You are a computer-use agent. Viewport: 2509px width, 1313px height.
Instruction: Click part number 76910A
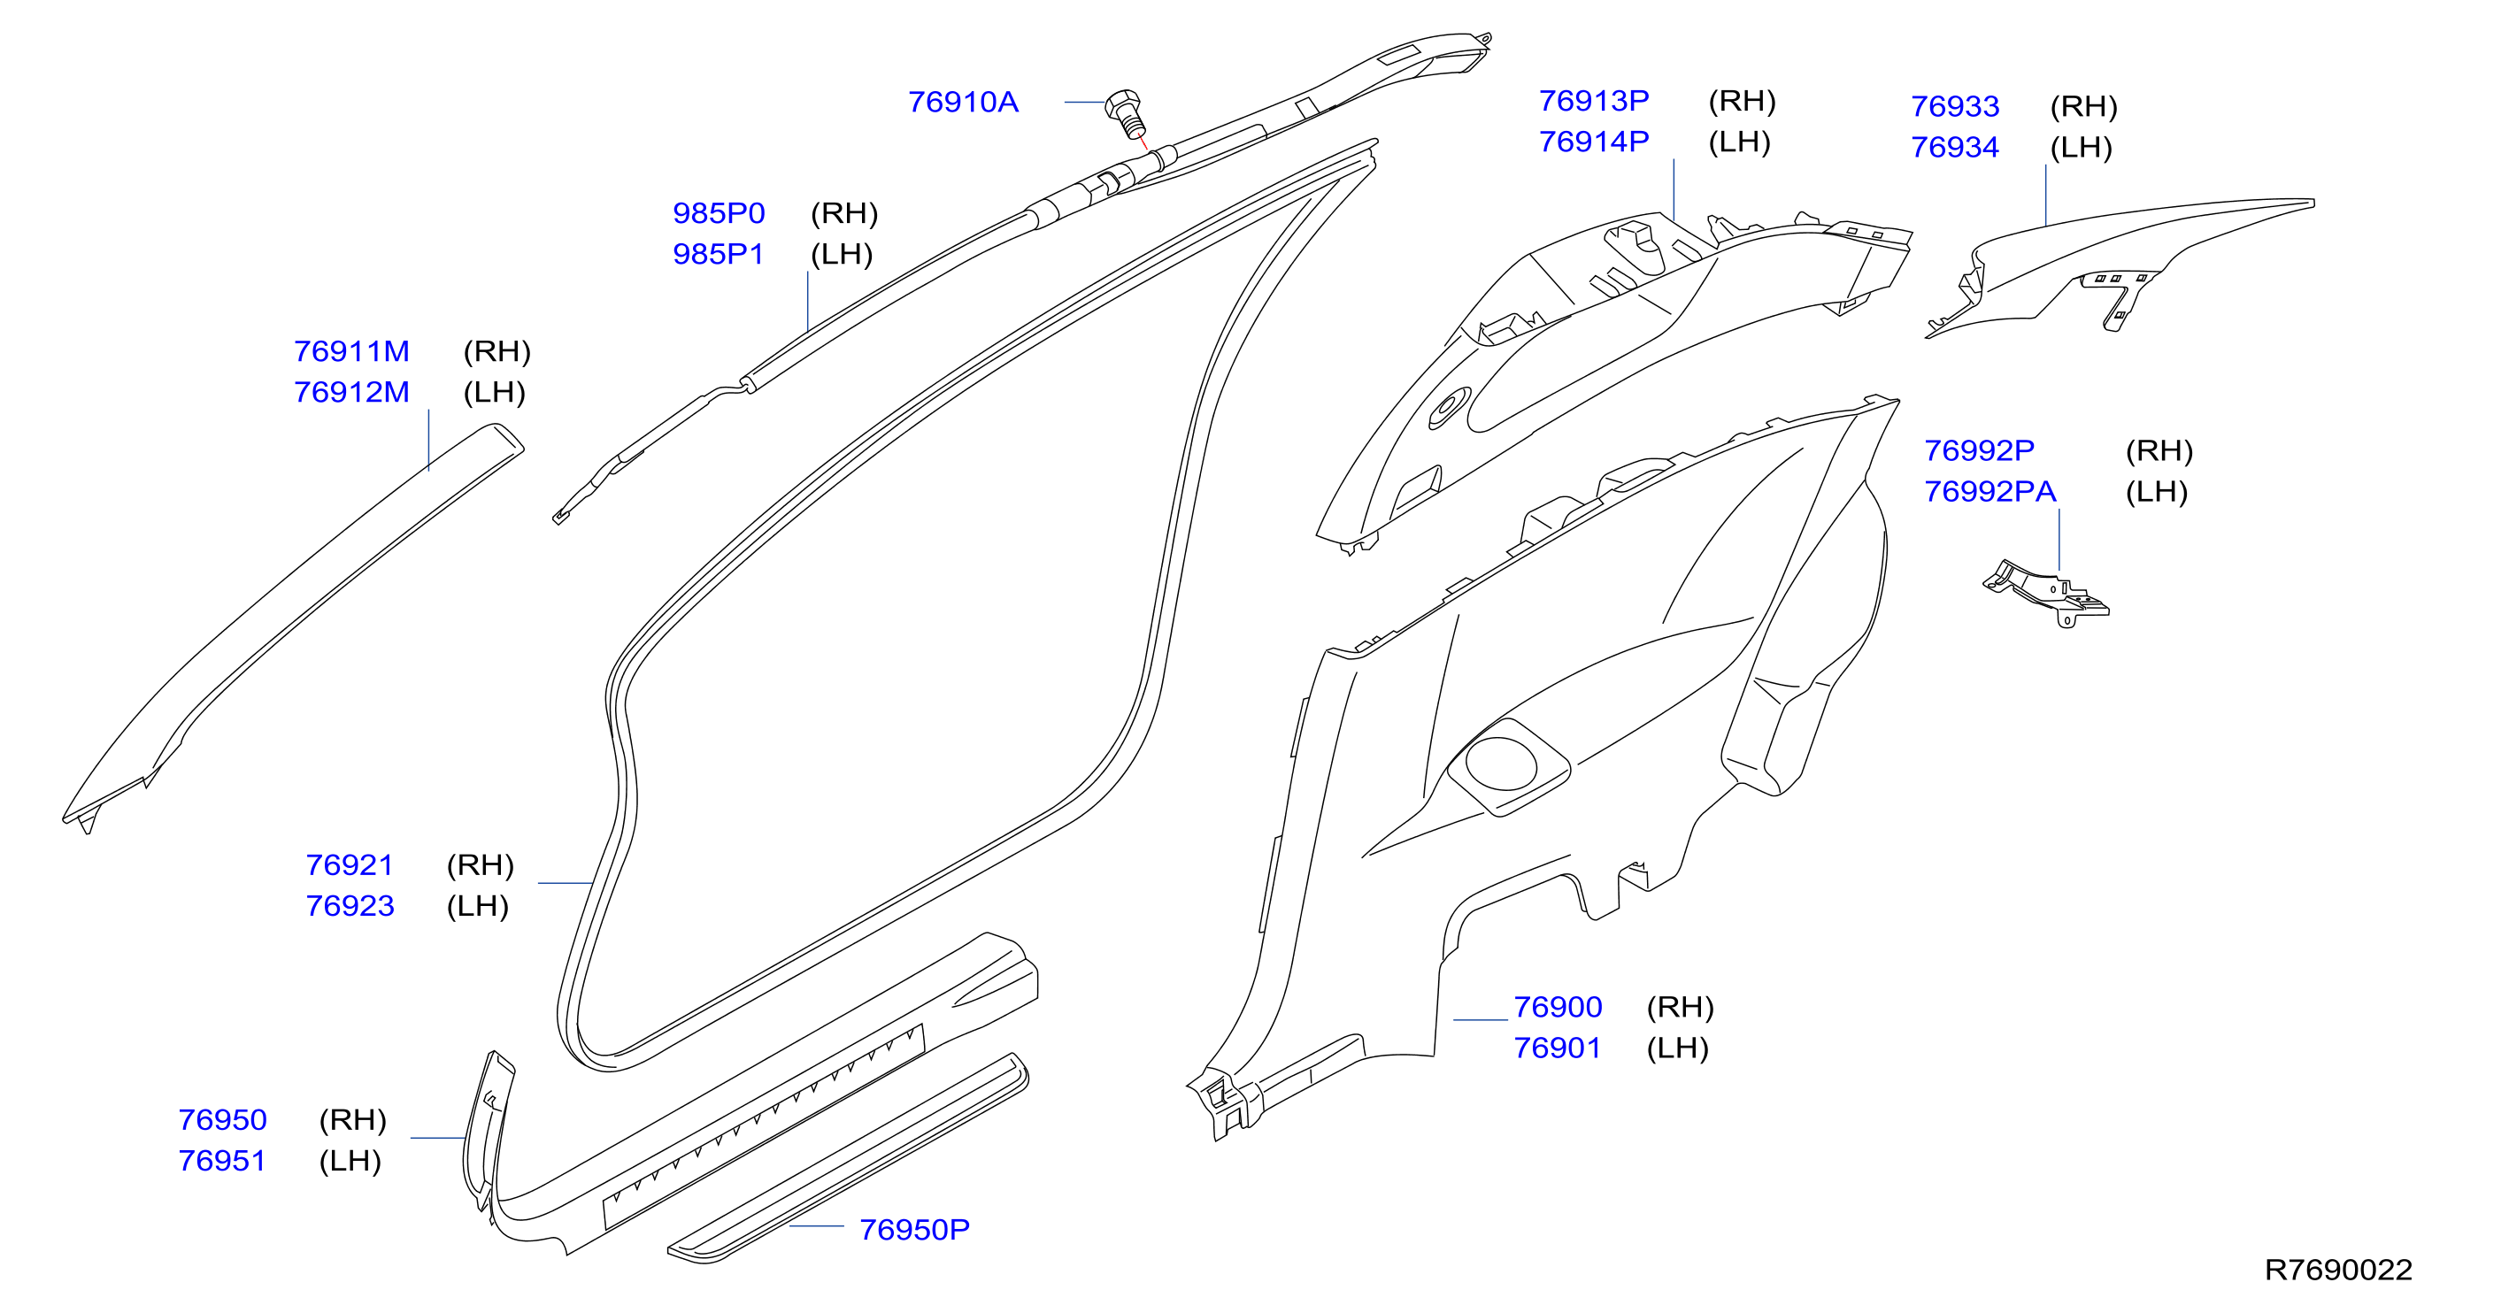(962, 103)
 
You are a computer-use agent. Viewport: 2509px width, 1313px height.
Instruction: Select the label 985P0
(719, 213)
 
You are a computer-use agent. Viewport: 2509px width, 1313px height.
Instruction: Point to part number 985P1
(719, 254)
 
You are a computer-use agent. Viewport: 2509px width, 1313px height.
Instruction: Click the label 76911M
(351, 351)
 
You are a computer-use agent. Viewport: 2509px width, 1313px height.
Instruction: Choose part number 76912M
(351, 393)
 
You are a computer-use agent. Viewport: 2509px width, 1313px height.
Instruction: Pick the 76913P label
(1593, 101)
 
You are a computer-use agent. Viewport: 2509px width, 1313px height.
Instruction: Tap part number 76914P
(1593, 142)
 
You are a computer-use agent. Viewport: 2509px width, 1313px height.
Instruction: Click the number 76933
(1954, 107)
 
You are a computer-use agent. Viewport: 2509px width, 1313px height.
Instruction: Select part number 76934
(1954, 148)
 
